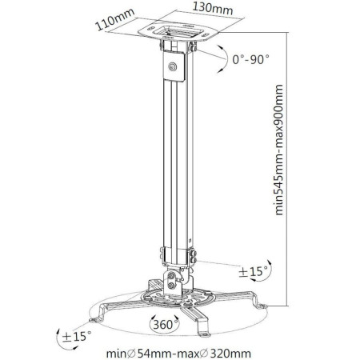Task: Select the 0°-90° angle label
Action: tap(251, 59)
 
